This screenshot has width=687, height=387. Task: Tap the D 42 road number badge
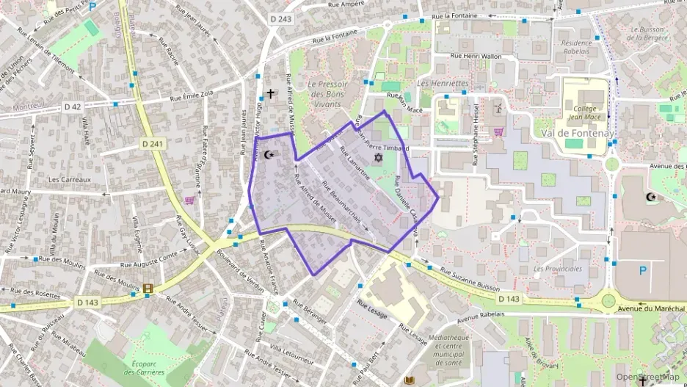pos(72,106)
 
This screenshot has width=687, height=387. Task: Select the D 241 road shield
pos(155,144)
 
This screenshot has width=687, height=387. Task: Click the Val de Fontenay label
pos(575,133)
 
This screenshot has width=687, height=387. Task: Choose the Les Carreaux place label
pos(69,179)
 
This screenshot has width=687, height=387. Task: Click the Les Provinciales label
pos(558,269)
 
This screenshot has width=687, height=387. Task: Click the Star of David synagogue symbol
pos(379,158)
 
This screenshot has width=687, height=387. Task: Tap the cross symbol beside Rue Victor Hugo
pos(271,93)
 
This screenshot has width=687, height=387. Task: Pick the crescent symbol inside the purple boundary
pos(269,155)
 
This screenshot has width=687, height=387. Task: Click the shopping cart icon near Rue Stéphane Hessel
pos(498,132)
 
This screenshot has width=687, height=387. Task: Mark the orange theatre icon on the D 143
pos(149,289)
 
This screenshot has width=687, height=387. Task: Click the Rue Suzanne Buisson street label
pos(469,281)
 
